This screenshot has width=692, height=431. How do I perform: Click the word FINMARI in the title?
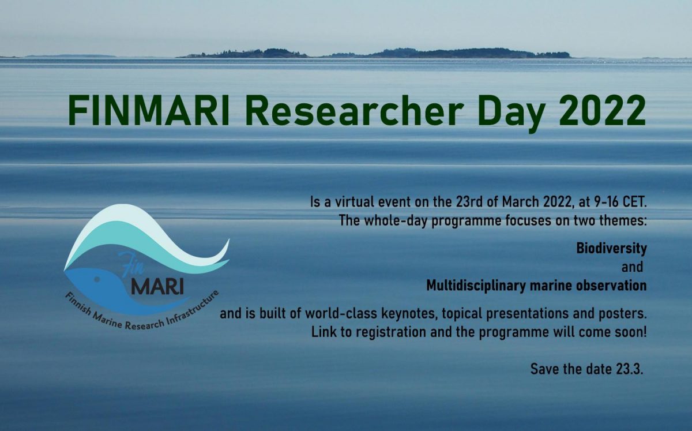pos(149,110)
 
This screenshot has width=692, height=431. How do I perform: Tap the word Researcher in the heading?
pos(354,110)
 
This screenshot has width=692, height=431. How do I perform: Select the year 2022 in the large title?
pos(602,110)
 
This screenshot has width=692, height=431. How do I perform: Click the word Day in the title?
pos(511,113)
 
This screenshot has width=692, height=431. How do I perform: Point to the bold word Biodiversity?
pos(611,249)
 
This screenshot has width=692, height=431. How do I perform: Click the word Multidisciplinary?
pos(475,286)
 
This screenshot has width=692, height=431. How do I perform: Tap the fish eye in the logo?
pos(97,279)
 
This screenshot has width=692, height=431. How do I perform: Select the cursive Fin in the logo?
pos(131,264)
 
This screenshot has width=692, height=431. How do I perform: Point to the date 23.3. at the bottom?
pos(630,369)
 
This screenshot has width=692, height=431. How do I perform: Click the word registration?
pos(391,333)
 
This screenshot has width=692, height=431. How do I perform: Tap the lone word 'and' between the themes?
pos(632,267)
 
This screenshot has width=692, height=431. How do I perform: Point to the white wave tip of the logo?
pos(228,240)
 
